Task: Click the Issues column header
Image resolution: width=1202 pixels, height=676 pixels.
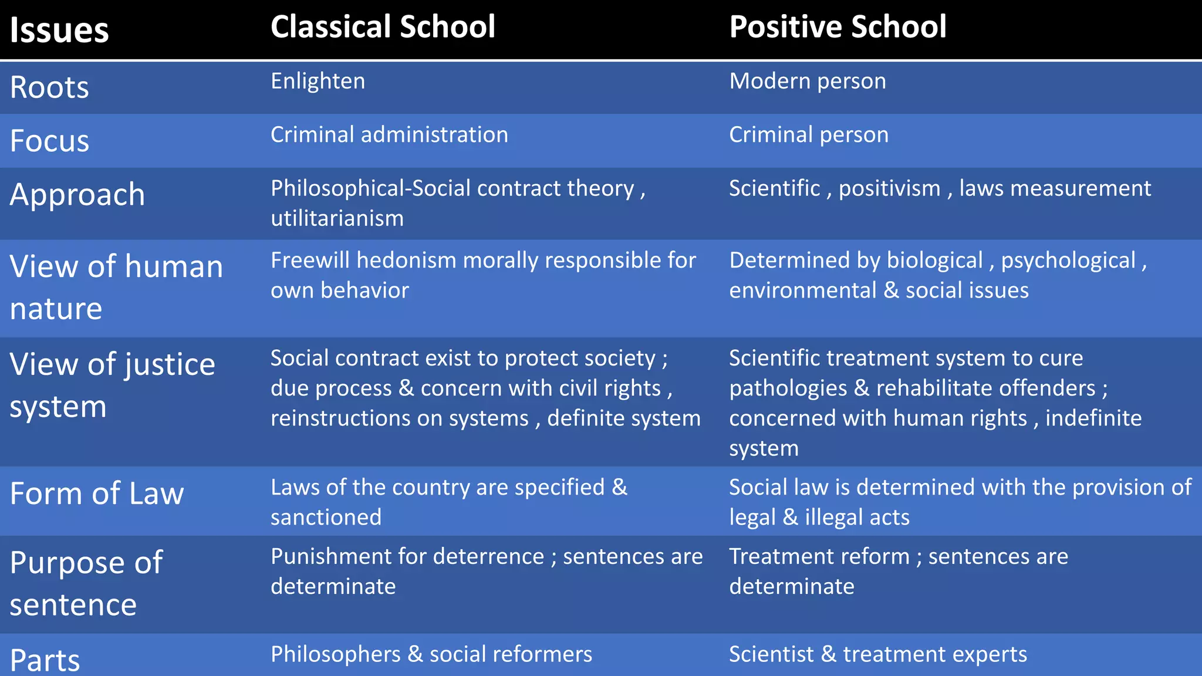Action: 59,30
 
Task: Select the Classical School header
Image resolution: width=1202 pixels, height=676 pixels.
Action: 383,27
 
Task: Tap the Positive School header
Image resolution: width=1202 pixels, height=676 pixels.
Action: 838,27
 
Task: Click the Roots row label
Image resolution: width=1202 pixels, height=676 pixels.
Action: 49,87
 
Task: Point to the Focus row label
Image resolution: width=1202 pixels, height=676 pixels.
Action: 49,141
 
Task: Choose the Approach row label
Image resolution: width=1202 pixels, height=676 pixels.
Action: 77,195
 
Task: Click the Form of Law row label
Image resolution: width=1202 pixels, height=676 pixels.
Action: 97,494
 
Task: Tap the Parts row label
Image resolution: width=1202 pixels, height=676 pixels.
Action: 45,660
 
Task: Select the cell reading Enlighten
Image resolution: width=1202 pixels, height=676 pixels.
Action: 318,81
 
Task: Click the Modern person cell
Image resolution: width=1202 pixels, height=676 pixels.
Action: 808,81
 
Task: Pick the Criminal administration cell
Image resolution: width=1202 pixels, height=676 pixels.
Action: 389,135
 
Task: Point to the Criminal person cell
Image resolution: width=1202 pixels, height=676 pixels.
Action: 809,135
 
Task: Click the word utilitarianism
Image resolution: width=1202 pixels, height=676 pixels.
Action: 337,218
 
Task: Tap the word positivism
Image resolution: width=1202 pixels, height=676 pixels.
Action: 889,188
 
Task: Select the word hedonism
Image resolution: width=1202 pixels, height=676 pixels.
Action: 406,260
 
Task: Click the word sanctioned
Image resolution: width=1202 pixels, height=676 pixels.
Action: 326,518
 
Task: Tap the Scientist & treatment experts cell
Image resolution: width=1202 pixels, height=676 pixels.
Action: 878,654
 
